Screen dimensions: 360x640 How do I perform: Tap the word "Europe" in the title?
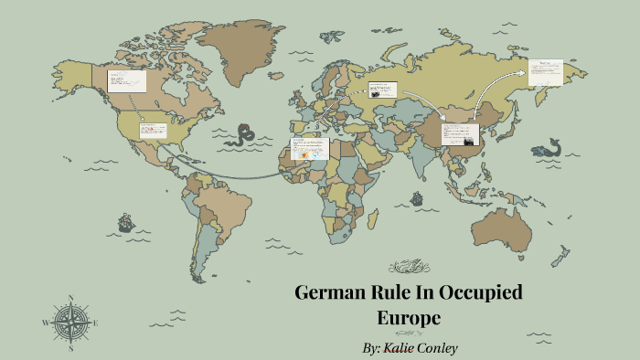[409, 318]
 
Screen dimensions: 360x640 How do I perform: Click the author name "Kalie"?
[403, 348]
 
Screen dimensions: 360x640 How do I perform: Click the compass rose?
[70, 323]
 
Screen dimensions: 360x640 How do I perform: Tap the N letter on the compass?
[70, 297]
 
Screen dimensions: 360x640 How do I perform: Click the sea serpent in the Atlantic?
[243, 135]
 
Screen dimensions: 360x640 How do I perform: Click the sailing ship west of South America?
[124, 222]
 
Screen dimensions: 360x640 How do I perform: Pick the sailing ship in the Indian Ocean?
[417, 197]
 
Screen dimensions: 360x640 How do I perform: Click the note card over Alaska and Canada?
[126, 79]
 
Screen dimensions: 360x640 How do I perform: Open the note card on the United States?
[152, 131]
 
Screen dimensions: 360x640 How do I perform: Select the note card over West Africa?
[309, 149]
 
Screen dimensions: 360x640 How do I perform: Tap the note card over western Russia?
[382, 90]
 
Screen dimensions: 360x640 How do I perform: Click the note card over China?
[460, 134]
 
